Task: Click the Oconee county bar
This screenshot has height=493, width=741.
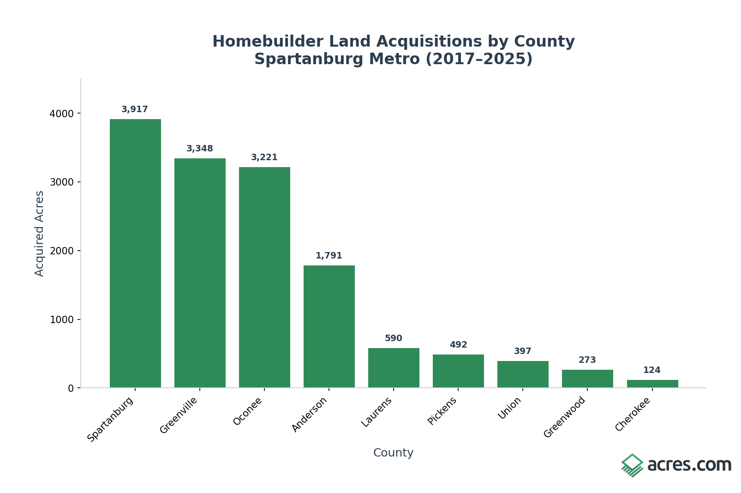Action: point(264,277)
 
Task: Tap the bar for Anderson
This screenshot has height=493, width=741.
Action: point(329,326)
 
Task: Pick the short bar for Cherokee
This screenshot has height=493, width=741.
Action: point(652,384)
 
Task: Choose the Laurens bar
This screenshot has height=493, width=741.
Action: point(394,368)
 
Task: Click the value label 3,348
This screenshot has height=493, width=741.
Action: point(200,149)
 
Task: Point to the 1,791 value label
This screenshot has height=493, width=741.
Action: point(329,256)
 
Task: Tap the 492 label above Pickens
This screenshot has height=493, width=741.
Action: point(458,345)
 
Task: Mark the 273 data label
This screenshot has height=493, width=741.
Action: point(587,360)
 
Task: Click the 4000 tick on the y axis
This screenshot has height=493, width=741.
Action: point(61,114)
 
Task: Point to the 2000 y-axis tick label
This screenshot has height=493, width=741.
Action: point(61,251)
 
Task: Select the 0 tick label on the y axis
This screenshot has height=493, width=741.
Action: point(71,388)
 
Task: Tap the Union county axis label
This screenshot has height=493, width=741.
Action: point(510,408)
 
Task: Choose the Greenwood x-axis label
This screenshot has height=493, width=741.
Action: point(564,417)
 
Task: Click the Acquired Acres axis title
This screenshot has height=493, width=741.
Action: point(40,233)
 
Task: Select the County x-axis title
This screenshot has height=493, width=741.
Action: point(393,453)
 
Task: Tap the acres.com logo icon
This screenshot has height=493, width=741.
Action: point(632,465)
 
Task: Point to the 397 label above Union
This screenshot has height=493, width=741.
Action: point(523,351)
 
